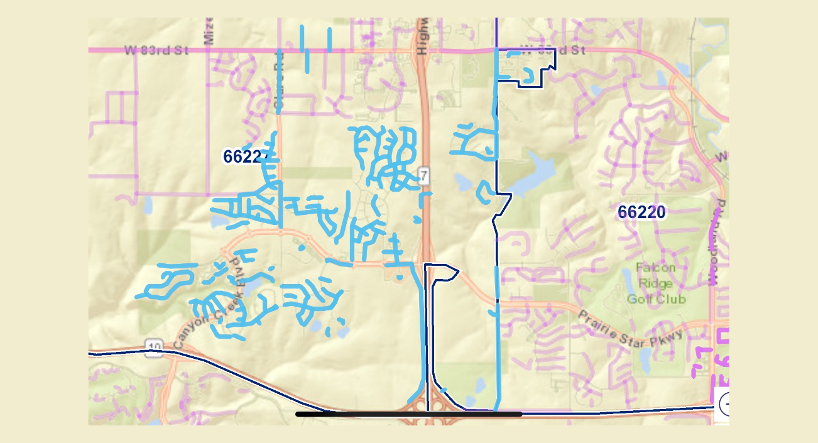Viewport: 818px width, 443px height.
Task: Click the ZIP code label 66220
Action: click(x=641, y=212)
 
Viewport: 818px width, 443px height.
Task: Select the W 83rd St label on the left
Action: click(x=156, y=50)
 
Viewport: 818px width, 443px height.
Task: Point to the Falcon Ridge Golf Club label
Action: click(x=657, y=283)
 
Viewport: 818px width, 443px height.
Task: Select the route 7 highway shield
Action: click(x=424, y=177)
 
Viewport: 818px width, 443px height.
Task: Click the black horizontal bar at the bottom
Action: click(x=408, y=414)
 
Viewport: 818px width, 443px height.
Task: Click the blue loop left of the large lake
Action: click(x=484, y=191)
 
